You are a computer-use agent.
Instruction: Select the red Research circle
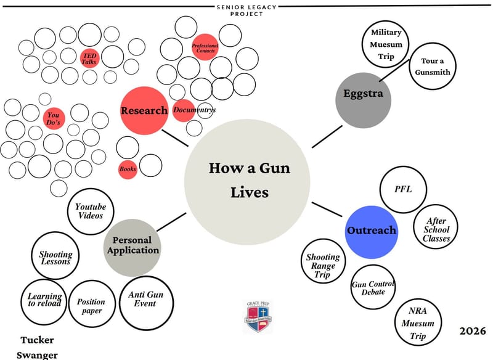[144, 110]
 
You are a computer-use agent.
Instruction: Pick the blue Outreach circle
[370, 232]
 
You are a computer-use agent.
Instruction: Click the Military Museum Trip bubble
[386, 45]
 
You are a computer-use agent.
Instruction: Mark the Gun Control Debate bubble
[373, 287]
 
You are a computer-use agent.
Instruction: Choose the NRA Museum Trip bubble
[422, 323]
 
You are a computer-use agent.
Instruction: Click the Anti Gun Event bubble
[147, 300]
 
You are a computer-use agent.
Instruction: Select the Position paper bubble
[91, 305]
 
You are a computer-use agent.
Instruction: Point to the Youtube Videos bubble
[91, 211]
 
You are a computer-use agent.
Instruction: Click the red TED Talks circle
[90, 58]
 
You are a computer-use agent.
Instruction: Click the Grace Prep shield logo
[256, 317]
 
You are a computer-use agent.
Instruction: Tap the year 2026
[472, 331]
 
